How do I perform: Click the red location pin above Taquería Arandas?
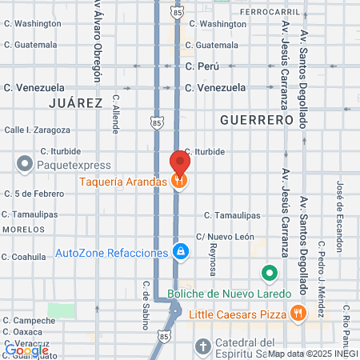(180, 162)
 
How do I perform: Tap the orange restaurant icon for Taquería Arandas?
(180, 182)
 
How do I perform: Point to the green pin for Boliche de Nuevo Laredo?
(270, 274)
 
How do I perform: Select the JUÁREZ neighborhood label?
(75, 103)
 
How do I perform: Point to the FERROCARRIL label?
(274, 12)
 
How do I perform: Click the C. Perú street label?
(202, 66)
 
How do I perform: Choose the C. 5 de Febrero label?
(33, 193)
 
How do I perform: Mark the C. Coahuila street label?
(25, 257)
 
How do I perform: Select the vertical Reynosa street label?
(213, 260)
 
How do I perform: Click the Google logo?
(26, 350)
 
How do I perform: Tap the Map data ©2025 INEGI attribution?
(312, 354)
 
